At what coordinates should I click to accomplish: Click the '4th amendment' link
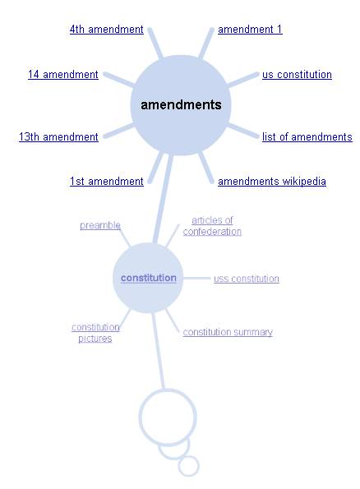point(106,30)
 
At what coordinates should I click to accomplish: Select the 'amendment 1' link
point(250,30)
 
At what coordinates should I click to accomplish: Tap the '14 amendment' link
point(63,75)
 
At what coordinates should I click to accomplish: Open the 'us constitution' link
point(297,75)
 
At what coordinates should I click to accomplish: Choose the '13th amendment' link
point(58,137)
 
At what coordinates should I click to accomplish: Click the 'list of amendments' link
point(307,137)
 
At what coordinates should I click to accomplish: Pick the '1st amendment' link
point(106,181)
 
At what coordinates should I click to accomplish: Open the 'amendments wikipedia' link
point(272,181)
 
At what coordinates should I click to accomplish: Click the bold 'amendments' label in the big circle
point(181,105)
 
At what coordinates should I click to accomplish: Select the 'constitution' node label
point(149,278)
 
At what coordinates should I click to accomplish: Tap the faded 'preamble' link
point(100,225)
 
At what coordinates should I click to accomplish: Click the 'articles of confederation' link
point(212,226)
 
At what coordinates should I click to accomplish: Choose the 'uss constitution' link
point(246,279)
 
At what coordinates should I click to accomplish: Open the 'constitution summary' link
point(228,332)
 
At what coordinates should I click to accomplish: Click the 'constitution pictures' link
point(95,333)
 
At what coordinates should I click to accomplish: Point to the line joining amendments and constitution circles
point(163,198)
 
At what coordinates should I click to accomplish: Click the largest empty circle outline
point(168,390)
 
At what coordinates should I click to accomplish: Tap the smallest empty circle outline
point(188,456)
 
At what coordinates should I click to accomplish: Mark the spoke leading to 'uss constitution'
point(196,278)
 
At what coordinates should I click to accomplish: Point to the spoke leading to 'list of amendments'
point(242,131)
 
